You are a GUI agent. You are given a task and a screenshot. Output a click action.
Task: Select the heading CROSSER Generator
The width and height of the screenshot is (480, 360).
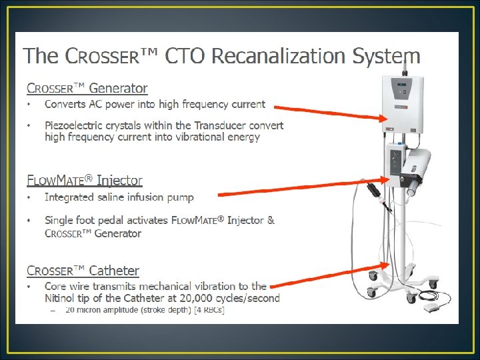coord(87,88)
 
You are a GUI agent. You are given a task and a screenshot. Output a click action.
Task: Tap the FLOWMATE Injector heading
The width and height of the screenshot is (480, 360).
coord(85,180)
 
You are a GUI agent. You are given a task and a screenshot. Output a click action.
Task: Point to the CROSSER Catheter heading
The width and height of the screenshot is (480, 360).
coord(83,271)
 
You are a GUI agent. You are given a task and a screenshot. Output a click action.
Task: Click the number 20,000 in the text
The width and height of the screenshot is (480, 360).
coord(196,298)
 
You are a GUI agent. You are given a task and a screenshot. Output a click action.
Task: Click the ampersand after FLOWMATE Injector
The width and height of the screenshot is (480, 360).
coord(271,220)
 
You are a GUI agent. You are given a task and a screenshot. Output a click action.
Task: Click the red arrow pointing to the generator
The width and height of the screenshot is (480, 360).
coord(331,113)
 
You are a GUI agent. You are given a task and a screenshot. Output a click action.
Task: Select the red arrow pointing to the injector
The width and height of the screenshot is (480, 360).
coord(303,187)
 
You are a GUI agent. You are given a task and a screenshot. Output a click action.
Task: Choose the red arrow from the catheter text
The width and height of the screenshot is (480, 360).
coord(330,275)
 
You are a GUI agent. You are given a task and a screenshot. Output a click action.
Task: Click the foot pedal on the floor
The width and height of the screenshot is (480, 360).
coord(431,307)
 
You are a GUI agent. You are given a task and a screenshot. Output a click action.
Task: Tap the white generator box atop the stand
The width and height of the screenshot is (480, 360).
coord(403,105)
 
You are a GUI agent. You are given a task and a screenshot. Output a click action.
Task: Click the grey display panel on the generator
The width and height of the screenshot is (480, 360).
coord(402,89)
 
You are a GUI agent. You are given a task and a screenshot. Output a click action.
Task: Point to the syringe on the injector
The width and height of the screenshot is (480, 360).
coord(413,187)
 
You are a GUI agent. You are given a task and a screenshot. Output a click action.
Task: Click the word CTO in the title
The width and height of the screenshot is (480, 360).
coord(184,56)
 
